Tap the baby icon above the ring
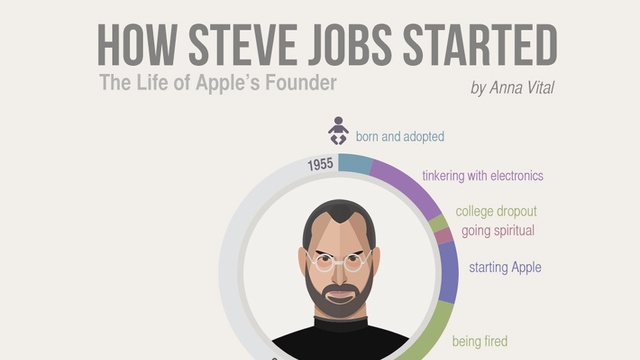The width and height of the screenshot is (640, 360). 338,131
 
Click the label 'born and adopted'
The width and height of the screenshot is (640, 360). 400,136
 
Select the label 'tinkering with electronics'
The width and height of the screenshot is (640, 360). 482,176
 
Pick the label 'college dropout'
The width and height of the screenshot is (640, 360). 496,212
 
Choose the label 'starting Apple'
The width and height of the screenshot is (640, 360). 505,267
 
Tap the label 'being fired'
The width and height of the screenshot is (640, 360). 480,342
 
